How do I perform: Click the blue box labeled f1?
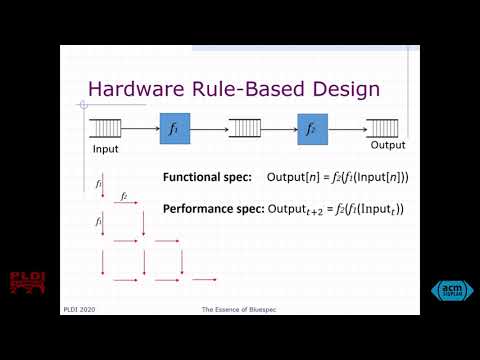(175, 128)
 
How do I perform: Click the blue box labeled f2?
(312, 128)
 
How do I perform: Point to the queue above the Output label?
(384, 129)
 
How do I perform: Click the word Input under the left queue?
(105, 149)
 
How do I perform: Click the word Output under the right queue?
(388, 145)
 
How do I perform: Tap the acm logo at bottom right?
(451, 290)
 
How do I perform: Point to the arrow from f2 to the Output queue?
(347, 129)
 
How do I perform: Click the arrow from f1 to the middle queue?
(207, 129)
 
